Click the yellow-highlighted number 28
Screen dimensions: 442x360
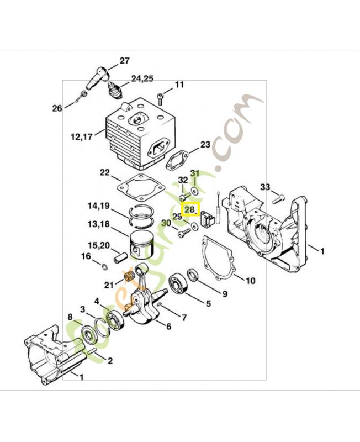(x=189, y=210)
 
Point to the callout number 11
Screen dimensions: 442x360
(x=179, y=85)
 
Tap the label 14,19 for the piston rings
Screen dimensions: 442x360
(x=98, y=207)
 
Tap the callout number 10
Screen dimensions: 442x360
(x=250, y=281)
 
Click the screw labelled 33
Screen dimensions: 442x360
(x=279, y=196)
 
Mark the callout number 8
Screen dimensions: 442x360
(x=70, y=317)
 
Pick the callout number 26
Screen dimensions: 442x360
(x=57, y=108)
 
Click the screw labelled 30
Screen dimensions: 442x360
(x=183, y=234)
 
